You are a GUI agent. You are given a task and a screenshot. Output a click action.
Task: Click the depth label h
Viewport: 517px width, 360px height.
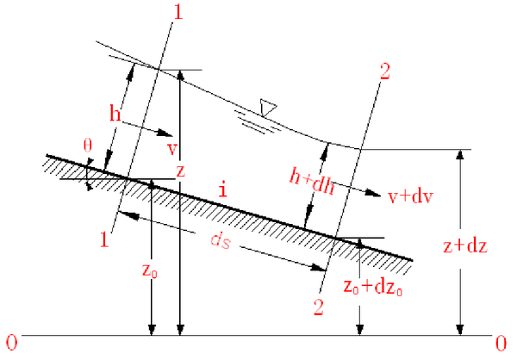115,113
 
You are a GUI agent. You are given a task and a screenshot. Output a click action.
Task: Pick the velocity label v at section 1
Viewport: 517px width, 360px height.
171,148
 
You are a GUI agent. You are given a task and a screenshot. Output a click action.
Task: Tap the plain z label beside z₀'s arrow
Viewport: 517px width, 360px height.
179,171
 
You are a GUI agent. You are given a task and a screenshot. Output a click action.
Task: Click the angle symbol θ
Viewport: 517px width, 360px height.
88,146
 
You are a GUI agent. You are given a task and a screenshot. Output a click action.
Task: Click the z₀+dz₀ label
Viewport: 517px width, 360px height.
373,287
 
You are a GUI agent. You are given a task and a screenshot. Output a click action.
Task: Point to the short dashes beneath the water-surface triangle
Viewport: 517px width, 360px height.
258,125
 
